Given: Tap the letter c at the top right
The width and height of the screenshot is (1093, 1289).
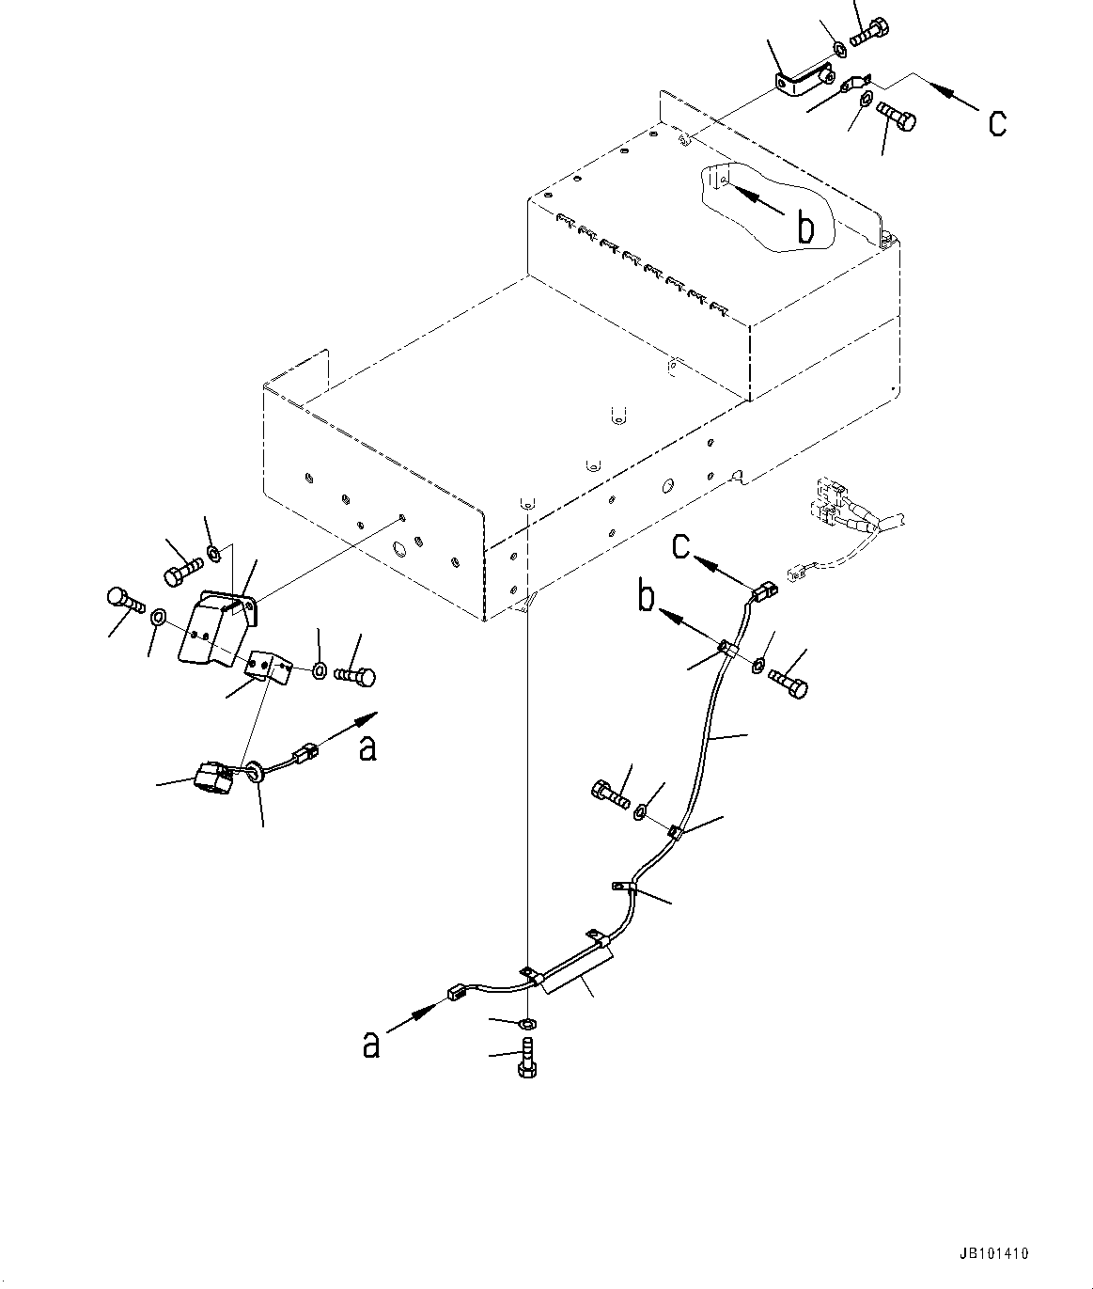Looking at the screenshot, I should pos(997,121).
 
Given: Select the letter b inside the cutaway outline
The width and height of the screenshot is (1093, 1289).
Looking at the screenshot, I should pos(805,228).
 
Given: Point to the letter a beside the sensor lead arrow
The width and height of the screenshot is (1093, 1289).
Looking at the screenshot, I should pos(368,747).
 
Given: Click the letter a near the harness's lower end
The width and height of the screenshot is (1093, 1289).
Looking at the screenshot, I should pos(372,1045).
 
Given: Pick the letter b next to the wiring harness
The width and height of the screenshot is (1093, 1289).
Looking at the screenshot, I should pos(647,598).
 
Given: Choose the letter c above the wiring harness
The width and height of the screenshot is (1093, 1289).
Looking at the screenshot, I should pos(681,545).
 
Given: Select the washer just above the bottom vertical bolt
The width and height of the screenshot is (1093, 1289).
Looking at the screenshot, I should pos(527,1022).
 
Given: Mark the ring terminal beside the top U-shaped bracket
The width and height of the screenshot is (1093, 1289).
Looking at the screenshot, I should pos(854,86).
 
